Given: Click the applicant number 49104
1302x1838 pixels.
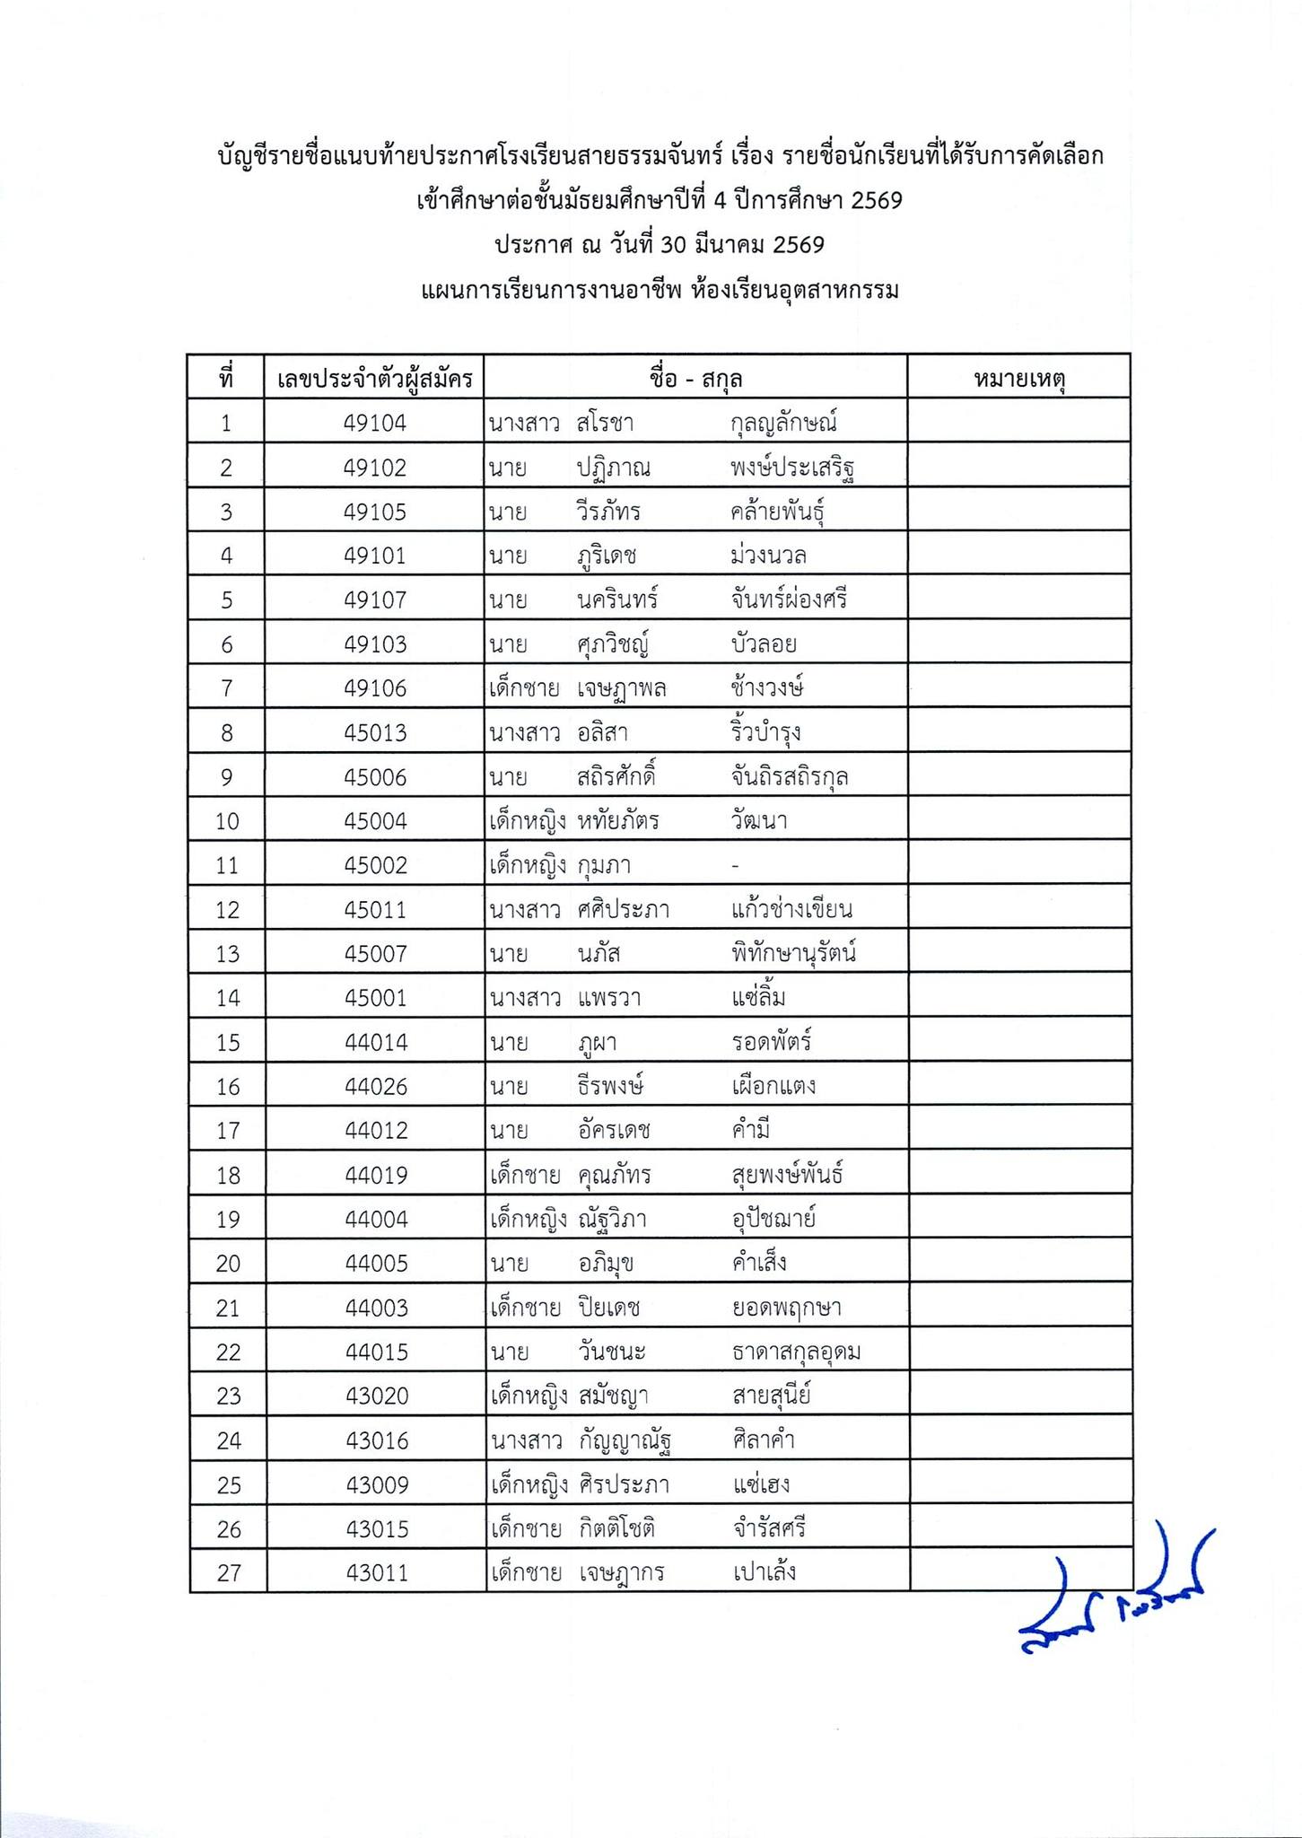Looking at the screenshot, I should click(x=375, y=423).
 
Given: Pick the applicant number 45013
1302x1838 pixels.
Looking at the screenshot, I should click(x=375, y=732).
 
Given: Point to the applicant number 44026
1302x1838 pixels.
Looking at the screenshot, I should click(x=375, y=1086).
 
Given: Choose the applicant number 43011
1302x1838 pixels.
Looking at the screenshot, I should click(x=377, y=1572).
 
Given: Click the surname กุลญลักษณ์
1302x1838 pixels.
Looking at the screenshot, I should click(x=784, y=423).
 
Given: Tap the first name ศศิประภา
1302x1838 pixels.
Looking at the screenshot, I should click(x=624, y=909).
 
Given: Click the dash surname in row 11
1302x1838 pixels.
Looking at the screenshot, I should click(x=736, y=866).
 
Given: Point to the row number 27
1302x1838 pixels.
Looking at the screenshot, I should click(x=229, y=1572).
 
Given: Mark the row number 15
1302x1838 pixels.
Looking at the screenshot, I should click(x=228, y=1042).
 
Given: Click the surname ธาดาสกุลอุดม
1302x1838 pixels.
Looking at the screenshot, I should click(x=796, y=1352).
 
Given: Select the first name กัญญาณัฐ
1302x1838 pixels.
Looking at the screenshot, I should click(x=625, y=1440).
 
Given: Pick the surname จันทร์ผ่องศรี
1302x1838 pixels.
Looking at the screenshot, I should click(x=789, y=600).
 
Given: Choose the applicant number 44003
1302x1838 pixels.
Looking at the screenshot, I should click(x=376, y=1308).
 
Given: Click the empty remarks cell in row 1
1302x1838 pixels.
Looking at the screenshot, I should click(x=1018, y=423).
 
